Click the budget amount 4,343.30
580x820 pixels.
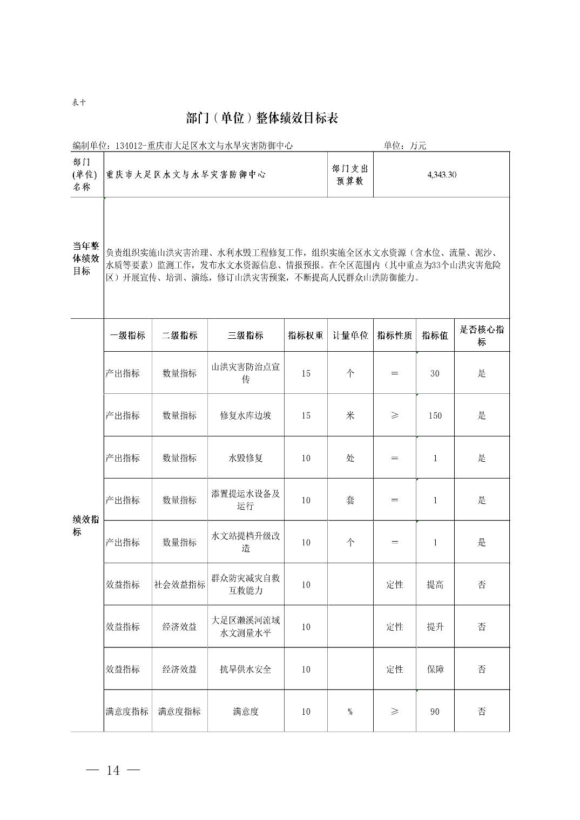[x=441, y=175]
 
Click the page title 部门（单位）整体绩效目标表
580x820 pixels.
[x=262, y=119]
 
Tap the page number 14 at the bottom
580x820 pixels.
[x=113, y=770]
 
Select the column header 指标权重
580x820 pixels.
[x=306, y=336]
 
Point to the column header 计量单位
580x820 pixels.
[x=350, y=336]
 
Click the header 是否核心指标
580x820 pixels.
[x=482, y=336]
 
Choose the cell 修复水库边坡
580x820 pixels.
[x=246, y=415]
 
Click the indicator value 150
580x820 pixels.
[x=435, y=415]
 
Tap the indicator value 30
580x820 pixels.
[x=435, y=373]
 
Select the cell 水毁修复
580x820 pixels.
[x=246, y=458]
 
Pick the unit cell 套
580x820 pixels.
[x=350, y=500]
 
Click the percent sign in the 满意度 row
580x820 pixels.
[x=350, y=712]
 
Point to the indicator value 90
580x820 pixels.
[x=435, y=712]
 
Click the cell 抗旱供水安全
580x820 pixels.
[x=246, y=669]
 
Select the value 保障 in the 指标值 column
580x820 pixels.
[x=435, y=669]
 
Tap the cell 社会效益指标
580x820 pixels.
[x=180, y=585]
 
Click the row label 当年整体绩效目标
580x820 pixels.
[x=86, y=258]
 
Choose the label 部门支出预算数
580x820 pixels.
[x=350, y=175]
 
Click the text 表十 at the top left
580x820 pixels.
[x=79, y=102]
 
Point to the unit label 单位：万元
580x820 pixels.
[x=405, y=146]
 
